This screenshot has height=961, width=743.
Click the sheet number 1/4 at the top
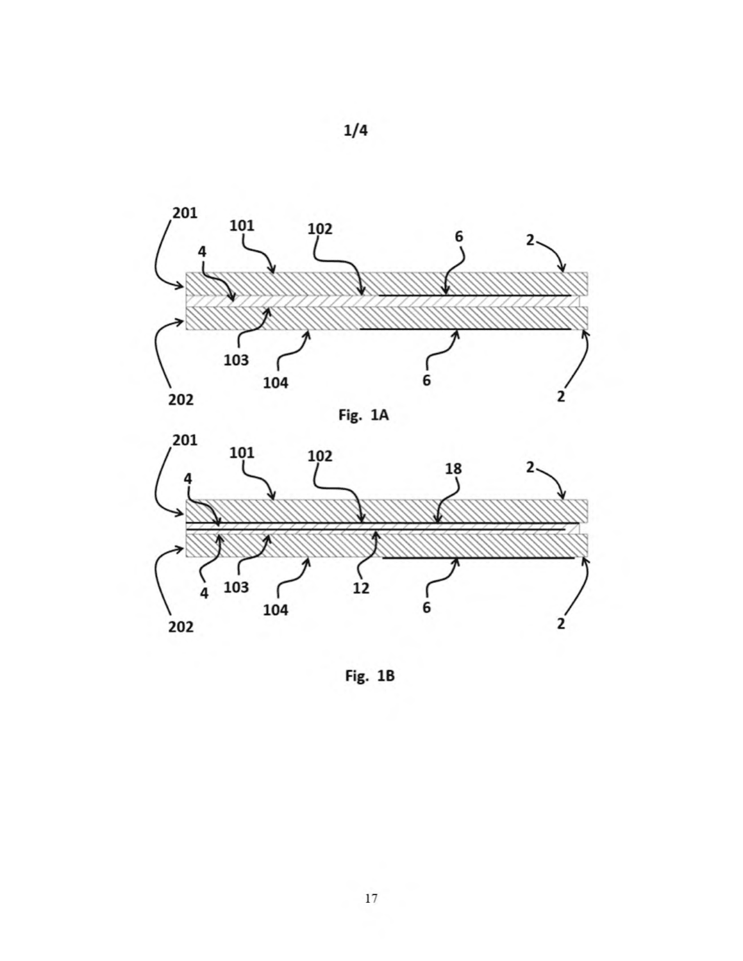[x=355, y=131]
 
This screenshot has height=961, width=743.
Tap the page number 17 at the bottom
[x=371, y=898]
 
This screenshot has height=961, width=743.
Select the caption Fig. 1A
[x=363, y=415]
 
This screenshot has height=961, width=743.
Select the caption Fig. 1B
[x=370, y=675]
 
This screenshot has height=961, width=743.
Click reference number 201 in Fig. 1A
[x=185, y=213]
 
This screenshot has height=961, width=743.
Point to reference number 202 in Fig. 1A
[x=181, y=400]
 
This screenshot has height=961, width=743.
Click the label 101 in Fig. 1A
[x=242, y=226]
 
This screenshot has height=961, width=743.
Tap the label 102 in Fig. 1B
[x=320, y=456]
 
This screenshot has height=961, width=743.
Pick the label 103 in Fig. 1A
[x=237, y=361]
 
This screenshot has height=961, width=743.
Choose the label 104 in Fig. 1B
[x=276, y=611]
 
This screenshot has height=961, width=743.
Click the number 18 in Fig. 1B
[x=453, y=469]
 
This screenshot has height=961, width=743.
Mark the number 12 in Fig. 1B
[x=361, y=588]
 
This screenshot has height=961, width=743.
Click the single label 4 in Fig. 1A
[x=202, y=252]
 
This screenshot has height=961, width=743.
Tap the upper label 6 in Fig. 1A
[x=459, y=237]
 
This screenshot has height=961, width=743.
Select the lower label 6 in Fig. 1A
[x=426, y=381]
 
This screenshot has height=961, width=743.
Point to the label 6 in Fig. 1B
[x=426, y=607]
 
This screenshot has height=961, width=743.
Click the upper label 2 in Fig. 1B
[x=530, y=467]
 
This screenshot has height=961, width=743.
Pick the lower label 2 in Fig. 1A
[x=561, y=396]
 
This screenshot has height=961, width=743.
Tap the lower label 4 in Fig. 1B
[x=204, y=593]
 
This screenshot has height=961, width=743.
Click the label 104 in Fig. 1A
[x=276, y=383]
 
